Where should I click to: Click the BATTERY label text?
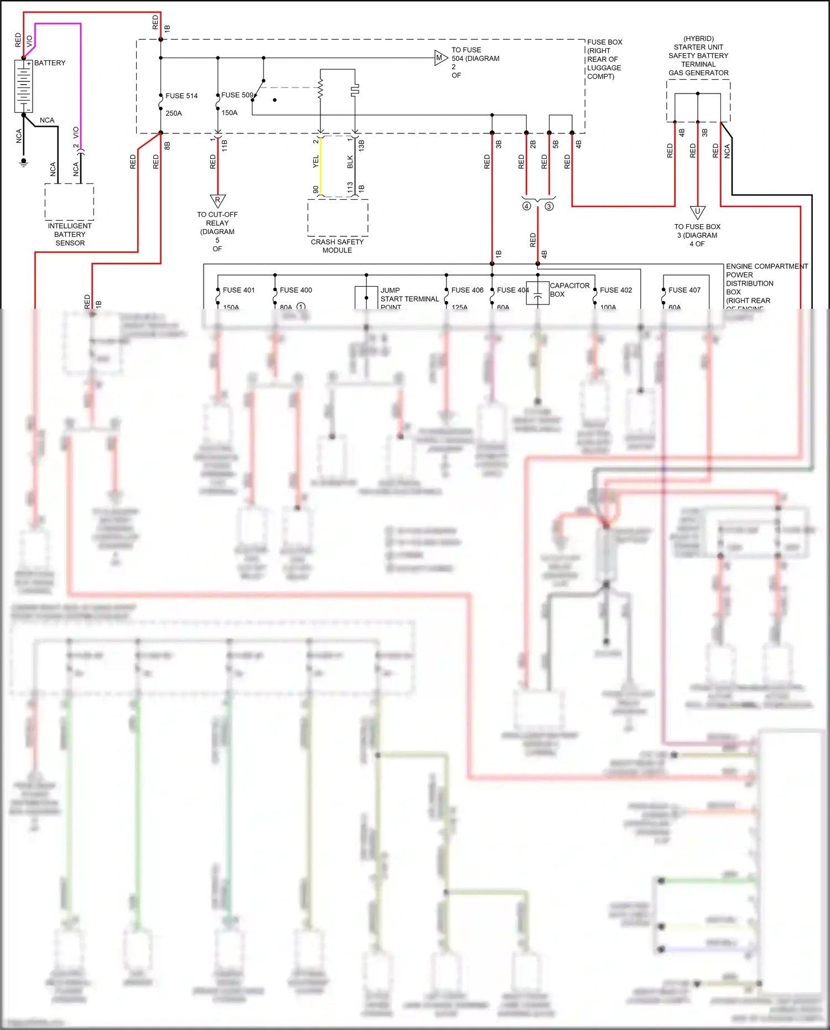50,63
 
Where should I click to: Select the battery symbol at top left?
23,86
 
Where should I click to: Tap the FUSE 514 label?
181,96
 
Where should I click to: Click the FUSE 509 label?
237,95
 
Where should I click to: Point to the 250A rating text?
174,113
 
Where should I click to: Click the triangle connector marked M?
440,58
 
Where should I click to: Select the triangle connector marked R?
217,200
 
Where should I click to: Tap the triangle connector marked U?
697,212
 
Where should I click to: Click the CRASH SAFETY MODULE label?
337,246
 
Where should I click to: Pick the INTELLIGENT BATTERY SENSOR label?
70,234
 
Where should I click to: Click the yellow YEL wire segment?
320,166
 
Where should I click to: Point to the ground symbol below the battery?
23,162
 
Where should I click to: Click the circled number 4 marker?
526,206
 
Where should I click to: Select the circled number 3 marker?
549,206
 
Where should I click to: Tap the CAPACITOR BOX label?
569,289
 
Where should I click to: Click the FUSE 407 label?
684,290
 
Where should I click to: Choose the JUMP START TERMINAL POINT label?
409,298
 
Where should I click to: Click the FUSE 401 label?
238,290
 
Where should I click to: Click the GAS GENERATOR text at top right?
698,73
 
